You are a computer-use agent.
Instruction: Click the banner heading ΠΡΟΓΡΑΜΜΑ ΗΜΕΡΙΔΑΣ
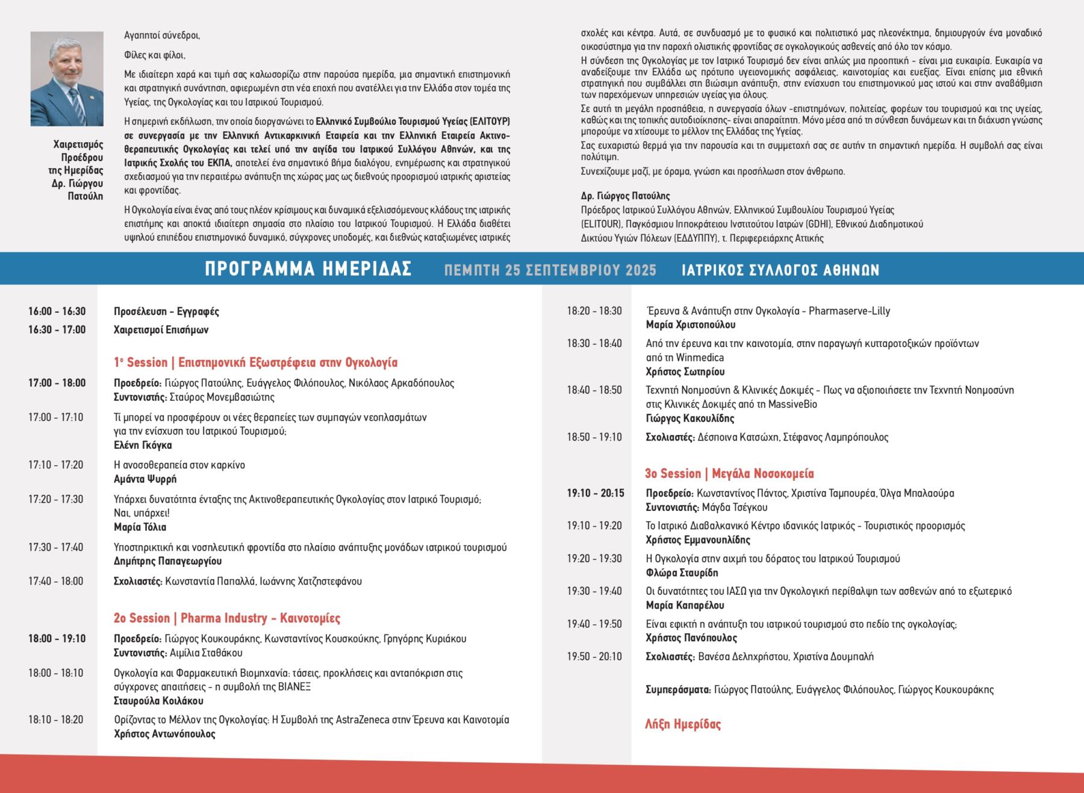pyautogui.click(x=308, y=269)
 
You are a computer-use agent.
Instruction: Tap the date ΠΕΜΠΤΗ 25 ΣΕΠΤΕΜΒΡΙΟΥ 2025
pyautogui.click(x=550, y=270)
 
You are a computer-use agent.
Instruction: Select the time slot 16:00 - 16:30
pyautogui.click(x=57, y=312)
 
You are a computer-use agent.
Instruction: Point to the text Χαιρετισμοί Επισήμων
pyautogui.click(x=161, y=330)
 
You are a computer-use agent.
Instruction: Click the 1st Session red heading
pyautogui.click(x=256, y=363)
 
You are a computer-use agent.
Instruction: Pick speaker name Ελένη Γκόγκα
pyautogui.click(x=143, y=445)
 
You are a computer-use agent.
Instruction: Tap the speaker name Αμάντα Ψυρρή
pyautogui.click(x=145, y=480)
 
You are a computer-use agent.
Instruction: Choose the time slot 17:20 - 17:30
pyautogui.click(x=56, y=500)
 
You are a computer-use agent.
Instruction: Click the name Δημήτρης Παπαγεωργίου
pyautogui.click(x=168, y=561)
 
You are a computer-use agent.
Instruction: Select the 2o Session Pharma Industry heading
pyautogui.click(x=227, y=618)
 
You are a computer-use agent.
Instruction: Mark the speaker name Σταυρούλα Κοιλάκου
pyautogui.click(x=158, y=701)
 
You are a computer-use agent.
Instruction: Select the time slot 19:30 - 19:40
pyautogui.click(x=594, y=591)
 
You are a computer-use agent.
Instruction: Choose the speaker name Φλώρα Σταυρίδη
pyautogui.click(x=682, y=572)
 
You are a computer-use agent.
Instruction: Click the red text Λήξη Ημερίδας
pyautogui.click(x=683, y=724)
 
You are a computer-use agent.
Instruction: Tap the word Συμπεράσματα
pyautogui.click(x=678, y=690)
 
